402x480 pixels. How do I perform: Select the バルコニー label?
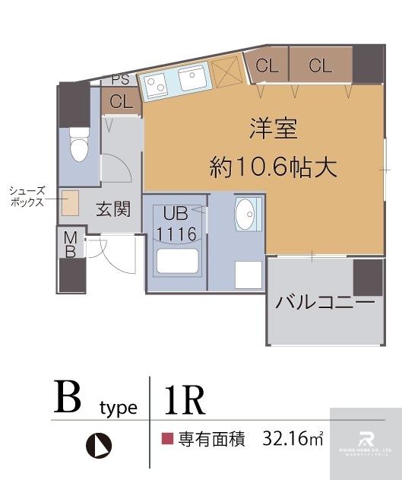click(x=324, y=303)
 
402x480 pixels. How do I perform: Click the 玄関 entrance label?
click(x=112, y=208)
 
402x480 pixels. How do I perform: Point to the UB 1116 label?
click(x=176, y=224)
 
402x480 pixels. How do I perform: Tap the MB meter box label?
click(x=69, y=245)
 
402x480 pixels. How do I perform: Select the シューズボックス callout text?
click(x=27, y=197)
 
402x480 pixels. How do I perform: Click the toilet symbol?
click(x=79, y=144)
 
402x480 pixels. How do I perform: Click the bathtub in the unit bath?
click(x=176, y=260)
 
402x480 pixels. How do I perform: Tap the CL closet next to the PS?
click(x=122, y=101)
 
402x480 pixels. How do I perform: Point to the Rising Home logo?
click(x=365, y=443)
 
